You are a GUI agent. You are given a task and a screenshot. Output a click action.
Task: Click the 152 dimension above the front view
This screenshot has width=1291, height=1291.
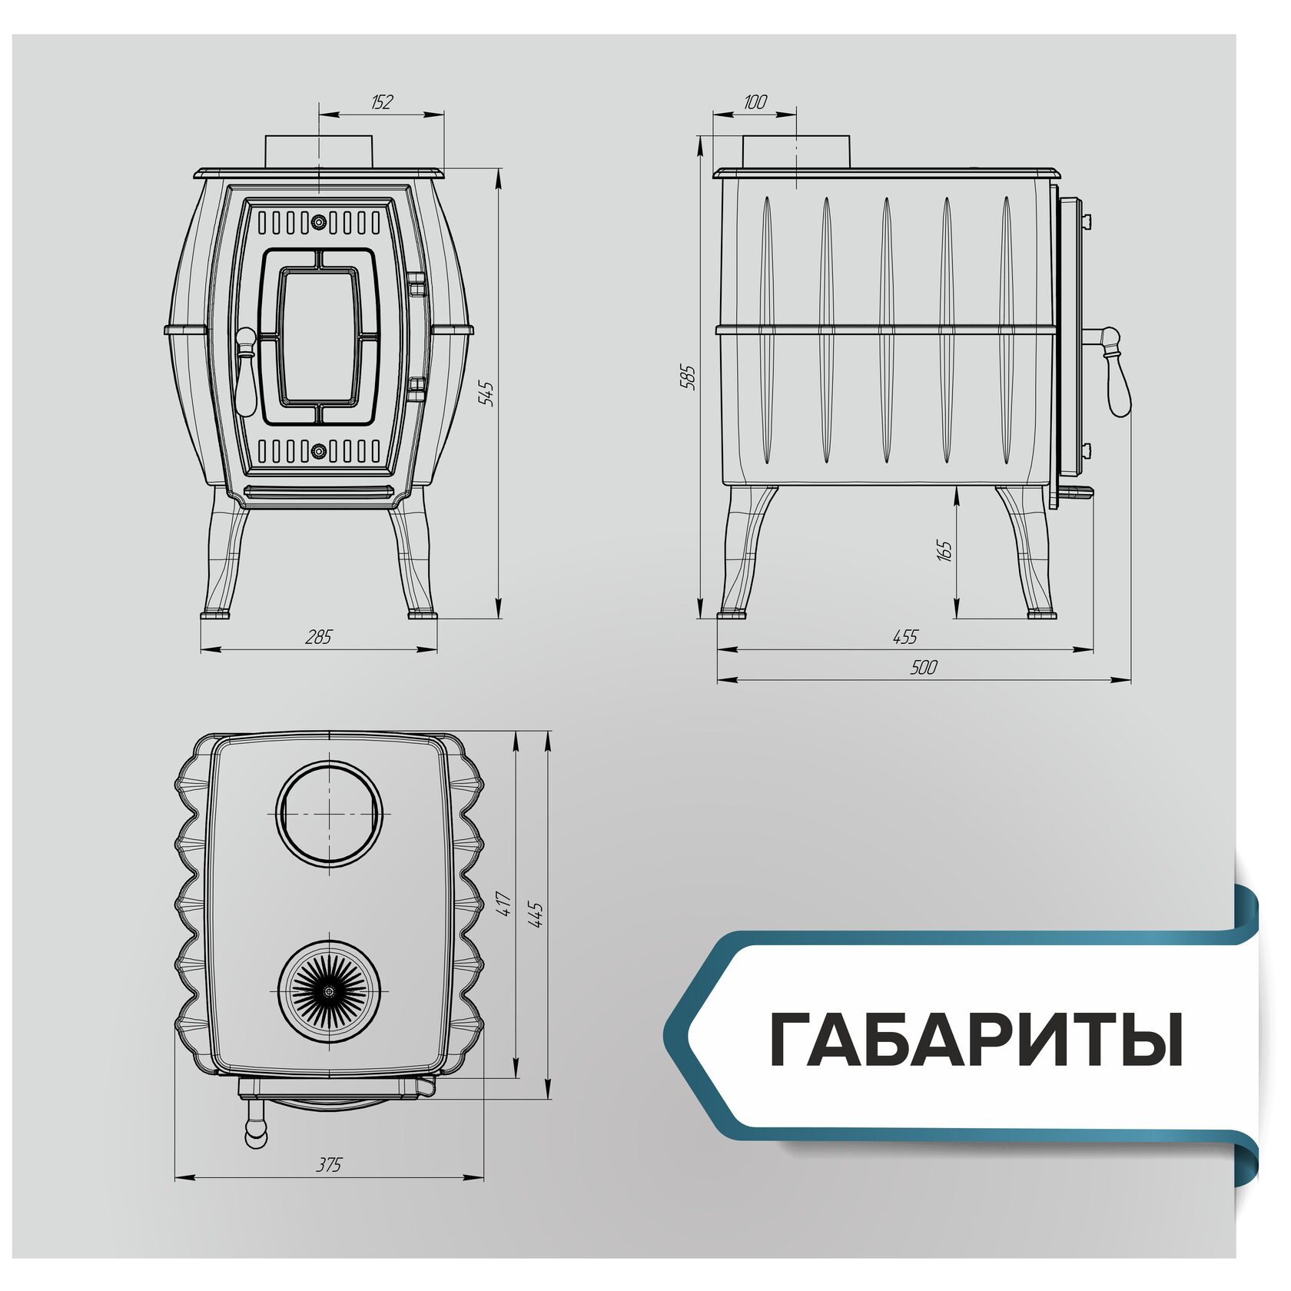(382, 102)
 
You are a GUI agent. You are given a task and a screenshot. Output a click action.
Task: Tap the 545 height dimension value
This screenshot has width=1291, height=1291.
(486, 393)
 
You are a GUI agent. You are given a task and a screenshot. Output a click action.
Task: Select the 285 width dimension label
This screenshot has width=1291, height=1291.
(318, 637)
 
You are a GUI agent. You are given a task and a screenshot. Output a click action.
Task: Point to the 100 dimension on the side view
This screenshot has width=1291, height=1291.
(755, 102)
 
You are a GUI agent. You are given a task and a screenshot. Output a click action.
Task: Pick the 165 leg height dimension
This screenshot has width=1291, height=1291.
(944, 550)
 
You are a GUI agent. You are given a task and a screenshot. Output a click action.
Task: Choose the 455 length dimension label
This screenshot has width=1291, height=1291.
(905, 637)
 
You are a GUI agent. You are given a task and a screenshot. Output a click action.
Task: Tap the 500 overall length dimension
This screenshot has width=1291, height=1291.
(924, 667)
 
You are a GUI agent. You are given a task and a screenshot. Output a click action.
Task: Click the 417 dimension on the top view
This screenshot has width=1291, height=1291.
(504, 904)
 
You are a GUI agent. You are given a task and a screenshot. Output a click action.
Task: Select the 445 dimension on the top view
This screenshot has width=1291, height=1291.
(536, 915)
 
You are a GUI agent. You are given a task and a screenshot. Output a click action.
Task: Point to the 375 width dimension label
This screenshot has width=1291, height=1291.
(329, 1165)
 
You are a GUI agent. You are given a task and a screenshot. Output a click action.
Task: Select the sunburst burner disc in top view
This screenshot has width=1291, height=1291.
(330, 991)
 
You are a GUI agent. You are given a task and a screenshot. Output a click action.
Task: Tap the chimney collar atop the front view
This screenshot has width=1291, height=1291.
(319, 151)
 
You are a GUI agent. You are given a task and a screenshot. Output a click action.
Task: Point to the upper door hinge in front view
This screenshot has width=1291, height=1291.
(417, 283)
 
